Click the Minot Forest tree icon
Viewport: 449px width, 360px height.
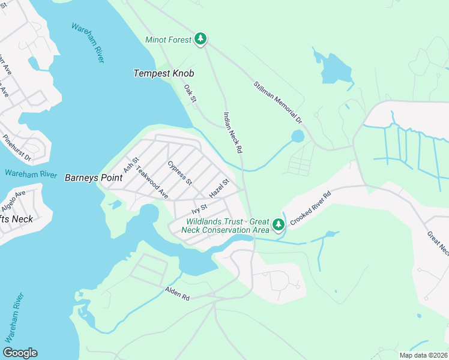click(200, 40)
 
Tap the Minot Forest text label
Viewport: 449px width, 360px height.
click(168, 40)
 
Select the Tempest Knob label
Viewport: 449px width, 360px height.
click(163, 73)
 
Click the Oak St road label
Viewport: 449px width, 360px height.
click(190, 93)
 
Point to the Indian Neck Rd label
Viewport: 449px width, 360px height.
click(232, 131)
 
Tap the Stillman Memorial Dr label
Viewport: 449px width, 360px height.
click(277, 103)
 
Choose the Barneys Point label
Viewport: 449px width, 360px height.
click(89, 177)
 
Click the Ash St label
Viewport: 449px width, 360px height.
click(130, 165)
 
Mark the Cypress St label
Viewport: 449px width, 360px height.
click(179, 173)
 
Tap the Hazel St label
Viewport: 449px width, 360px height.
click(219, 189)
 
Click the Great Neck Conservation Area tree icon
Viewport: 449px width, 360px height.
click(278, 225)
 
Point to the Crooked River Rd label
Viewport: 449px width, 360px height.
click(310, 209)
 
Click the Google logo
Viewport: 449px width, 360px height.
click(20, 353)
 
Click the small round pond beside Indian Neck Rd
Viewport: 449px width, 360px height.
click(298, 136)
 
